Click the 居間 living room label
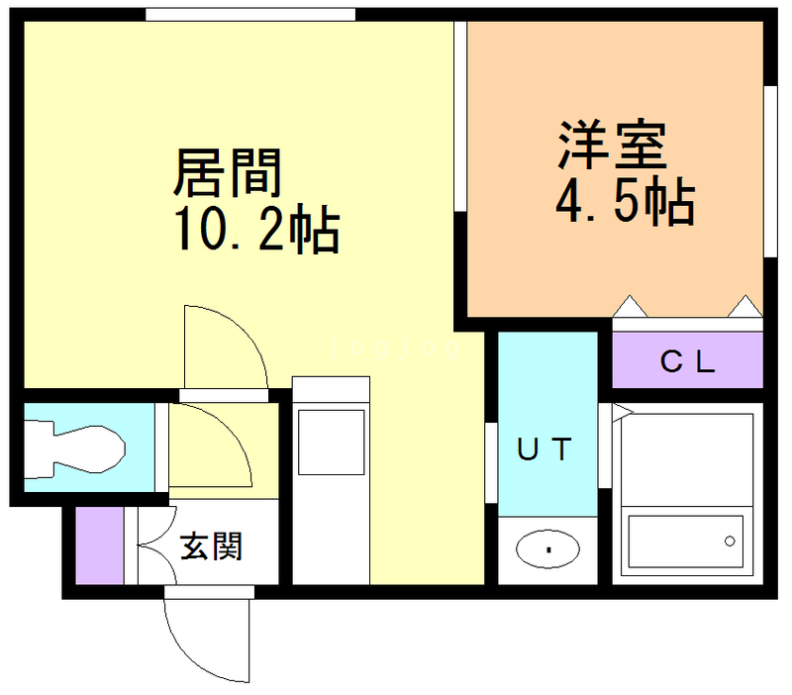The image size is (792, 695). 229,173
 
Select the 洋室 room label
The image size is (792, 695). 612,147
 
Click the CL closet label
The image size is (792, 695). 687,362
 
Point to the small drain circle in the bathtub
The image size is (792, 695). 730,542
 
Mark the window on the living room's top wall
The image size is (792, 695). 249,14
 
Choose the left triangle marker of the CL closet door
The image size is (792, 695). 629,306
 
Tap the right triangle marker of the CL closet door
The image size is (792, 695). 744,306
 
